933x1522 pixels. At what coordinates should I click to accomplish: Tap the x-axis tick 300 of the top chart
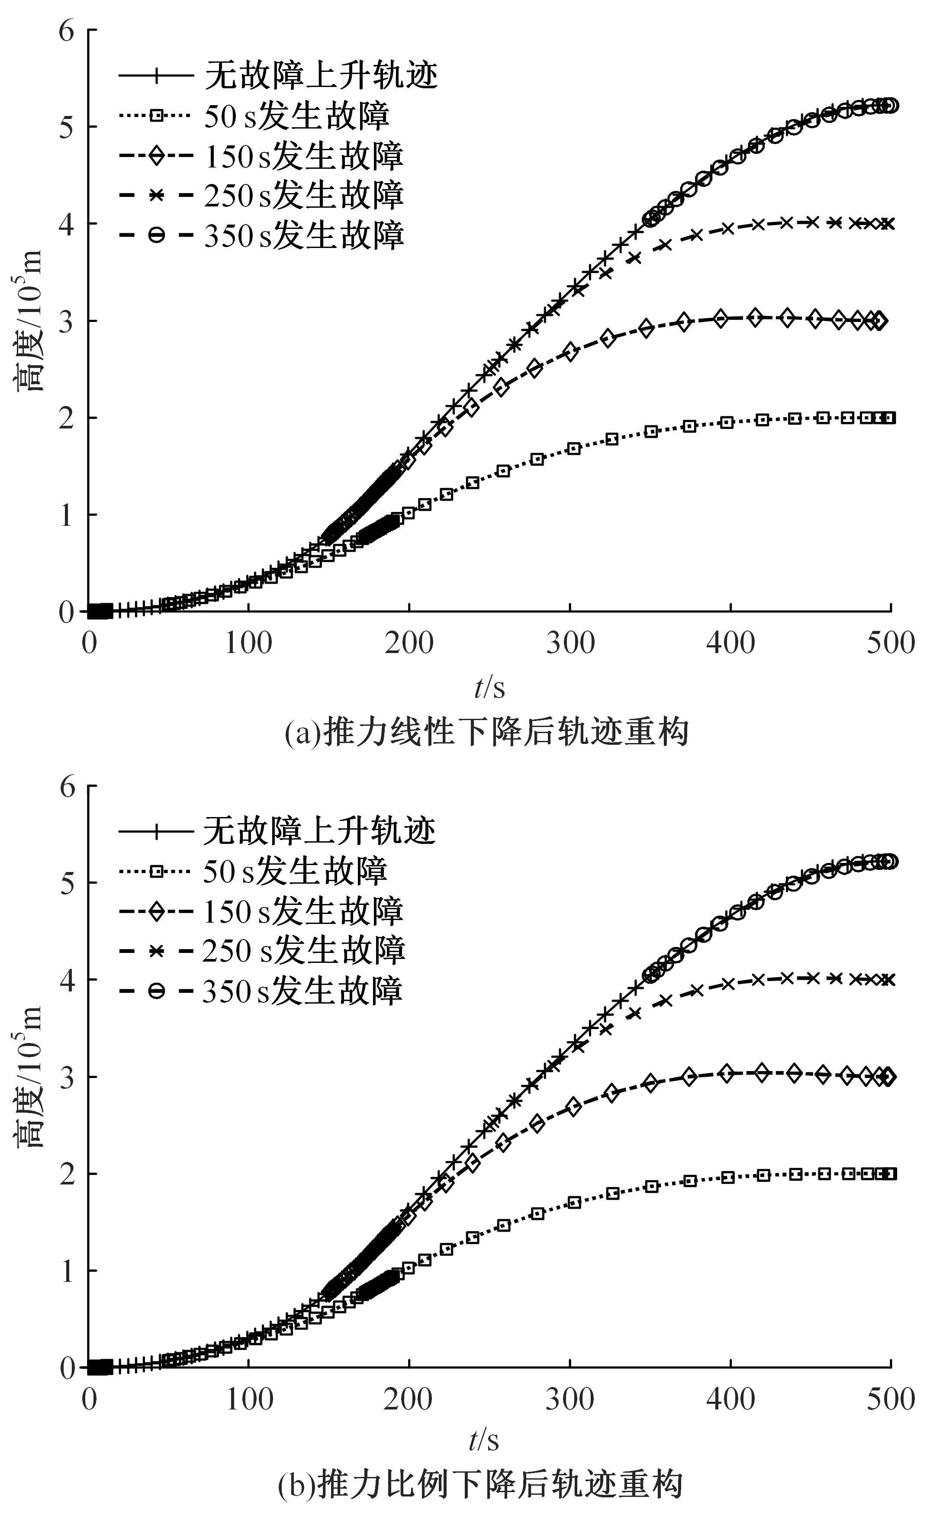pos(569,644)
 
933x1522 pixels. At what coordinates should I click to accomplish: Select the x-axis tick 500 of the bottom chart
pos(890,1400)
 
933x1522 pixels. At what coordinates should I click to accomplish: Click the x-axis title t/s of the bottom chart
pos(484,1441)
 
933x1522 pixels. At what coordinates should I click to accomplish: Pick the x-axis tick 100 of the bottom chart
pos(249,1400)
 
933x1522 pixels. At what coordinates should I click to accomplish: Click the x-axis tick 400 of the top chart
pos(730,644)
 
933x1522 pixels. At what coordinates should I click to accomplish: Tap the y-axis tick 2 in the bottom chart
pos(68,1174)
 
